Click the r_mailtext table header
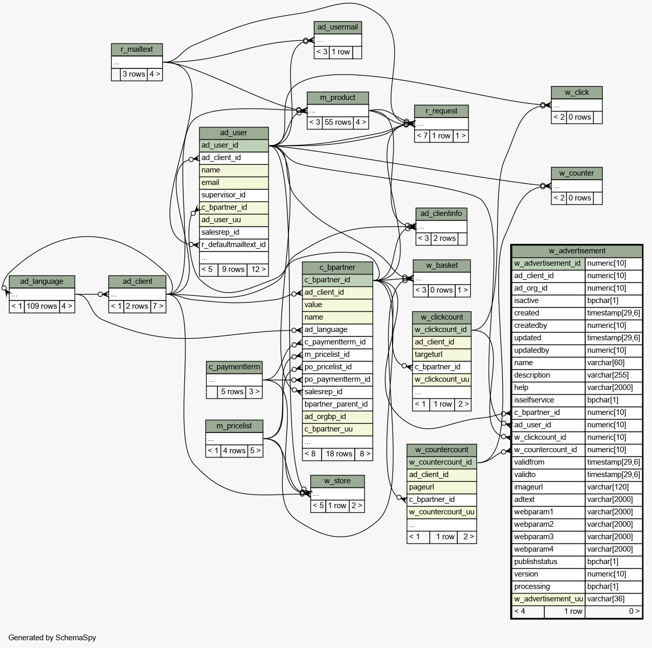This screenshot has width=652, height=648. click(x=137, y=49)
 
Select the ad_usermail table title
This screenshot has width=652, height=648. click(x=338, y=27)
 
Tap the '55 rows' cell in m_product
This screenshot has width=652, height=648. click(x=338, y=123)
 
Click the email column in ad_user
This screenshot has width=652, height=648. click(x=234, y=183)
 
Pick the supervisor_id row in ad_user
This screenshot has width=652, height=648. click(x=234, y=195)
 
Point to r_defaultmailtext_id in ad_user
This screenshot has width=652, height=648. click(x=234, y=245)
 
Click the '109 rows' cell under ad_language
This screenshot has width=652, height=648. click(x=42, y=307)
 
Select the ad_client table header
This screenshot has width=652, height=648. click(x=137, y=282)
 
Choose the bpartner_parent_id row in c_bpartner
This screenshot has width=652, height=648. click(x=337, y=405)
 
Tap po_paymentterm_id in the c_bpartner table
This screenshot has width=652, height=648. click(x=337, y=380)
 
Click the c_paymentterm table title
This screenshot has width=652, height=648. click(x=234, y=367)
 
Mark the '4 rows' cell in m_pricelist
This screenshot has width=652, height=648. click(x=234, y=451)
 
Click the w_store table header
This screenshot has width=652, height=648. click(x=337, y=481)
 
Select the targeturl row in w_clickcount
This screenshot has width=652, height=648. click(x=442, y=355)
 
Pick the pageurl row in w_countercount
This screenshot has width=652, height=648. click(x=442, y=487)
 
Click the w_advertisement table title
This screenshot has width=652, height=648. click(x=577, y=251)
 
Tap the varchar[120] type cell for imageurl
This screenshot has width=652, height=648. click(x=614, y=487)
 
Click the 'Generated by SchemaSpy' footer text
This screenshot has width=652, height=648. click(x=52, y=638)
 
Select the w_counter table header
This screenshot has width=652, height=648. click(x=576, y=174)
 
